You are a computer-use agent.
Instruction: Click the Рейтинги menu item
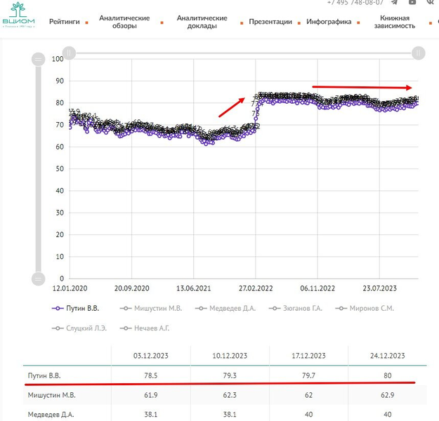point(64,22)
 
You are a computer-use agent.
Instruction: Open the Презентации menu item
point(270,22)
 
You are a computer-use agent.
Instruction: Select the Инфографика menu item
point(329,22)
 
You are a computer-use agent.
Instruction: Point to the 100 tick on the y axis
point(58,59)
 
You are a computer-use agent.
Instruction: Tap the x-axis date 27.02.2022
point(256,288)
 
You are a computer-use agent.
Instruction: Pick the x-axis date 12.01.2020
point(70,288)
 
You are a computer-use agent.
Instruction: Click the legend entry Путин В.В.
point(78,307)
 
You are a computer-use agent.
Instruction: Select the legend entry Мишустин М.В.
point(152,307)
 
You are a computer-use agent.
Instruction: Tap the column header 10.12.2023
point(230,356)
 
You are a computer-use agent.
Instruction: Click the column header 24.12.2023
point(387,356)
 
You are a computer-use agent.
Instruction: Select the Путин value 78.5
point(151,375)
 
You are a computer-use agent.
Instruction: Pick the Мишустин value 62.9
point(387,396)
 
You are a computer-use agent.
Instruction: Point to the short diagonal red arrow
point(232,107)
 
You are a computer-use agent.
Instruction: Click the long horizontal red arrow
point(362,87)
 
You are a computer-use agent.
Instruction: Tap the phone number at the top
point(355,3)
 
